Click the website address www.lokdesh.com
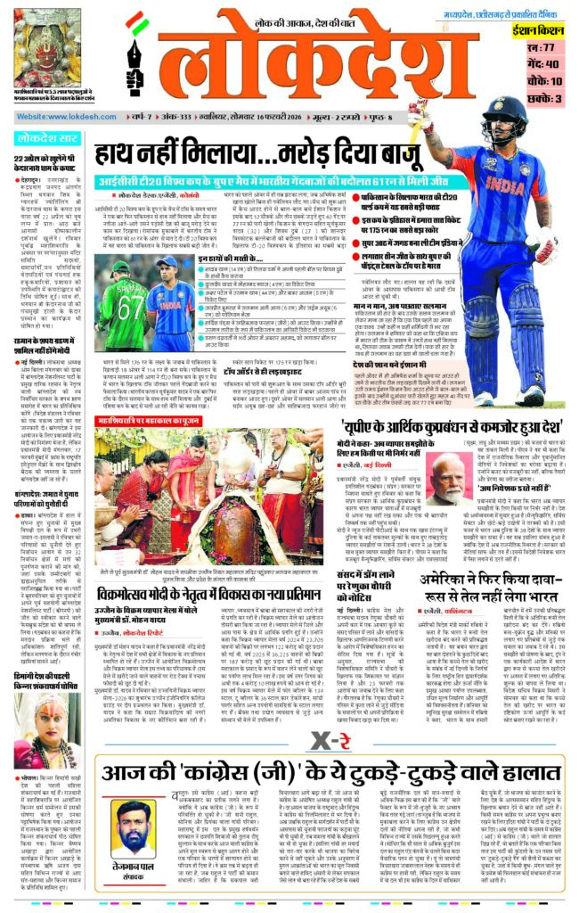(55, 118)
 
